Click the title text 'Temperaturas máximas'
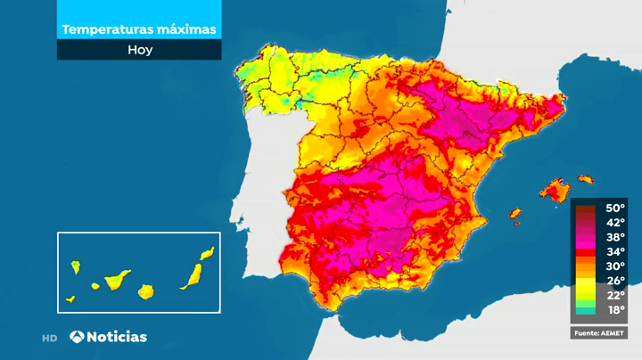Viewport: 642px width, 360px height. pyautogui.click(x=139, y=29)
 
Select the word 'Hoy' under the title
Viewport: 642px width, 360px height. pyautogui.click(x=139, y=50)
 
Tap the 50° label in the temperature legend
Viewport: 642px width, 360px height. pyautogui.click(x=615, y=209)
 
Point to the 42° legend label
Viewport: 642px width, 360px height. pyautogui.click(x=615, y=223)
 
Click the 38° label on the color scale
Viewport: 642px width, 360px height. pyautogui.click(x=615, y=237)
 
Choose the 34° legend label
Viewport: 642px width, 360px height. pyautogui.click(x=615, y=251)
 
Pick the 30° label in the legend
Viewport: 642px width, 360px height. pyautogui.click(x=615, y=266)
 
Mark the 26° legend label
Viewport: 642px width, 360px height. pyautogui.click(x=615, y=280)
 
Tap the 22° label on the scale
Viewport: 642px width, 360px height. pyautogui.click(x=615, y=294)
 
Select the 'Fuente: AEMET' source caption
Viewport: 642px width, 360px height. pyautogui.click(x=599, y=332)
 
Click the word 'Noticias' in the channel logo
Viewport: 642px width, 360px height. pyautogui.click(x=118, y=337)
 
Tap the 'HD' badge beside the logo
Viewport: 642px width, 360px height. pyautogui.click(x=50, y=338)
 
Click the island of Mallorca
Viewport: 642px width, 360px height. pyautogui.click(x=555, y=190)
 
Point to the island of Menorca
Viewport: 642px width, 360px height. pyautogui.click(x=585, y=179)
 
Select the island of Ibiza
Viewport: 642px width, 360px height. pyautogui.click(x=514, y=213)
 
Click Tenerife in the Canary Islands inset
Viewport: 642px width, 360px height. pyautogui.click(x=117, y=280)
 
